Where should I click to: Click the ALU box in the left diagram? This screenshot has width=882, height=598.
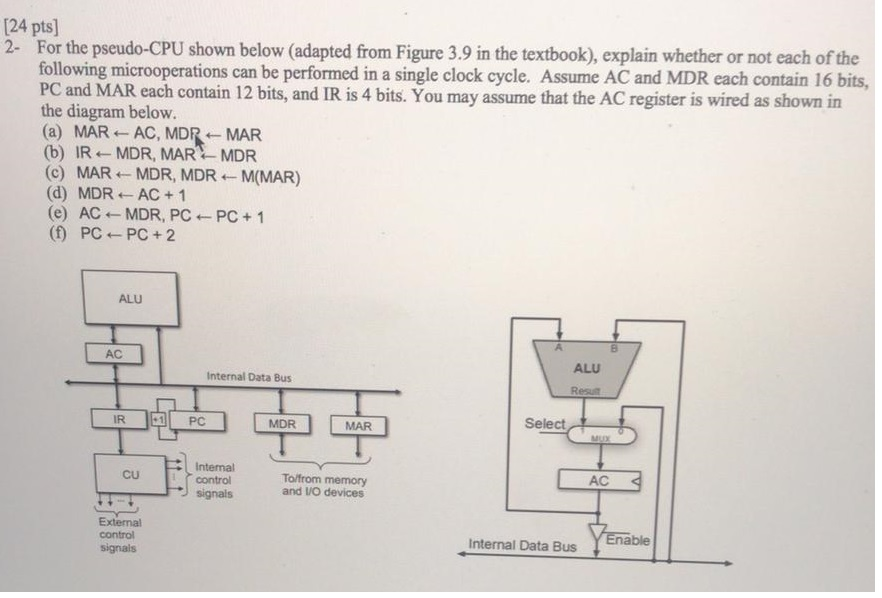(x=130, y=299)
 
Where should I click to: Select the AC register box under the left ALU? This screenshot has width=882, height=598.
(x=114, y=354)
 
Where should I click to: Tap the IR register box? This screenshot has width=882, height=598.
(x=118, y=421)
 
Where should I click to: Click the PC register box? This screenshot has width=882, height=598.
(x=198, y=422)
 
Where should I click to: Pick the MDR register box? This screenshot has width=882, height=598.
(x=283, y=425)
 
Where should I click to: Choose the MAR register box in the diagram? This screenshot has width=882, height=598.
(x=357, y=426)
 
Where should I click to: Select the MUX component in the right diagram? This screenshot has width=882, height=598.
(x=600, y=436)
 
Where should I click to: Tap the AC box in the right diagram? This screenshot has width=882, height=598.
(x=599, y=481)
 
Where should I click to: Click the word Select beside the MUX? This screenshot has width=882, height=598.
(x=545, y=424)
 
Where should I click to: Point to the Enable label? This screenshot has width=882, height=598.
(x=628, y=540)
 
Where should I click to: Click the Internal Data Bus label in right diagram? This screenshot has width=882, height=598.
(x=522, y=546)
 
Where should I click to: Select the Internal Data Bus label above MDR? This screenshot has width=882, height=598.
(x=249, y=377)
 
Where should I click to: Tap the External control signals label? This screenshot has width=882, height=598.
(x=119, y=535)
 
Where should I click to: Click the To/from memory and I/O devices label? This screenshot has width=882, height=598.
(x=324, y=486)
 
